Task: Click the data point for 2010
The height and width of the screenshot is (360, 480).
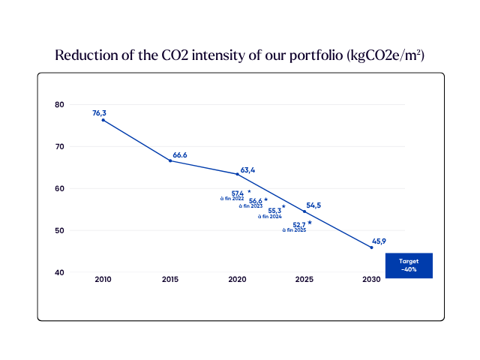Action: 103,120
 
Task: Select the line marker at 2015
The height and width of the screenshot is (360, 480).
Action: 170,160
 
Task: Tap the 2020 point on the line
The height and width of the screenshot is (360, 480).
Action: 237,174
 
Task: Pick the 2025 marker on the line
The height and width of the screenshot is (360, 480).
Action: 304,211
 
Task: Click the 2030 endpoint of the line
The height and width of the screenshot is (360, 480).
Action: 372,247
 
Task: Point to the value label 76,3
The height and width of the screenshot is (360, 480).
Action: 99,113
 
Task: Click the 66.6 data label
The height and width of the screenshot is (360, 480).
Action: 180,155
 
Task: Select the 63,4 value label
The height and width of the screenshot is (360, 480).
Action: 247,170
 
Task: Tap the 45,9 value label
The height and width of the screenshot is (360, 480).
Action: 379,241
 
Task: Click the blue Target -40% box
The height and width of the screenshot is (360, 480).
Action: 409,265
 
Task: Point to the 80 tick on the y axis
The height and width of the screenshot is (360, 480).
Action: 59,105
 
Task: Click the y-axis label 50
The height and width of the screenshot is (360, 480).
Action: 59,230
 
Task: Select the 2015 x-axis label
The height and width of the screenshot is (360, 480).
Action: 170,279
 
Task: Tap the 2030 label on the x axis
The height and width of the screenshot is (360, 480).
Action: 372,279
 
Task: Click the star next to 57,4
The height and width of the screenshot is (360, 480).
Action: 249,191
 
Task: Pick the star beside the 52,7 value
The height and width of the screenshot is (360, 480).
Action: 310,223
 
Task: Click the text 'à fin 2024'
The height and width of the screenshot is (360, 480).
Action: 270,217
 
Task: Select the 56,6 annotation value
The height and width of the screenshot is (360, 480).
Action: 256,201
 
